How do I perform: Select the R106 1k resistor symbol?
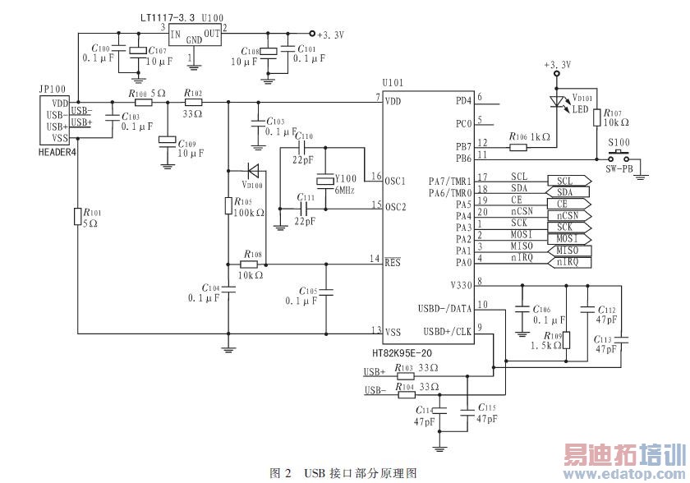coord(518,148)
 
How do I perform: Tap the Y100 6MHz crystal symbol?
coord(326,179)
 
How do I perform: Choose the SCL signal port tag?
coord(568,181)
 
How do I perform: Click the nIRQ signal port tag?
coord(568,262)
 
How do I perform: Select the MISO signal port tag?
coord(568,251)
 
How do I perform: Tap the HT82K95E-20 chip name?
coord(402,352)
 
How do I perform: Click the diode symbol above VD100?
coord(254,171)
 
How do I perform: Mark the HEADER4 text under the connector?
coord(56,152)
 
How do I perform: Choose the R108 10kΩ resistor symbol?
coord(251,264)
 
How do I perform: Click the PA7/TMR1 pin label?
coord(450,181)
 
